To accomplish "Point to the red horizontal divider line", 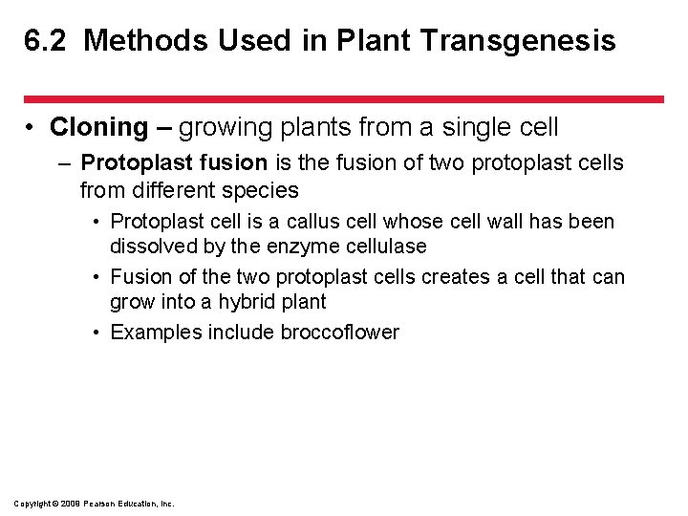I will [x=344, y=98].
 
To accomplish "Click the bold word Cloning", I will [x=99, y=127].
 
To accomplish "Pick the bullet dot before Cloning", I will [x=32, y=128].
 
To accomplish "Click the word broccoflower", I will [x=339, y=333].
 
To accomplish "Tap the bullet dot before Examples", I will [x=99, y=333].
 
